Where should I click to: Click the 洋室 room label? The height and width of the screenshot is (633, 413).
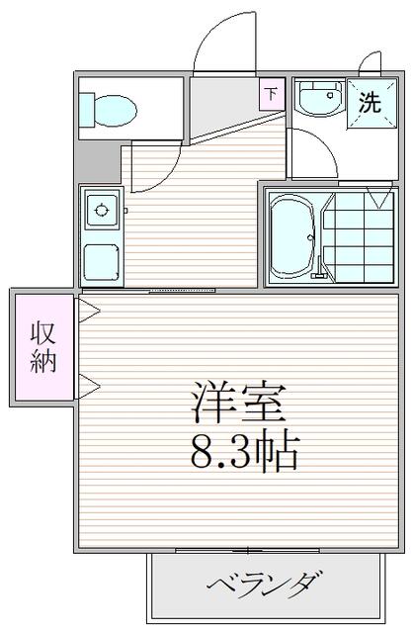point(239,402)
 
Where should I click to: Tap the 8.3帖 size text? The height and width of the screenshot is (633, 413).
point(244,451)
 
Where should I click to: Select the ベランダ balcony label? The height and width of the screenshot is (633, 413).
point(265,586)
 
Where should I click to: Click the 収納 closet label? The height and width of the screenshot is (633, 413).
point(42,347)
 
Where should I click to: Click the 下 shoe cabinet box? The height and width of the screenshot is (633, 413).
point(272,95)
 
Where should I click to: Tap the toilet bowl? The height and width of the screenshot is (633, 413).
point(116,110)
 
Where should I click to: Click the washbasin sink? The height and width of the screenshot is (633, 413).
point(319,98)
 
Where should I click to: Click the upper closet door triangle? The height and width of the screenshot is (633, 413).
point(89,311)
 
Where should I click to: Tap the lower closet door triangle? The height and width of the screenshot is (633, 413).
point(89,387)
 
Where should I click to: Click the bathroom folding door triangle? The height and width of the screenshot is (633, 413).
point(378,196)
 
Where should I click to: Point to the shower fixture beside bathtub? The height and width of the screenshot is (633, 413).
point(319,267)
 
